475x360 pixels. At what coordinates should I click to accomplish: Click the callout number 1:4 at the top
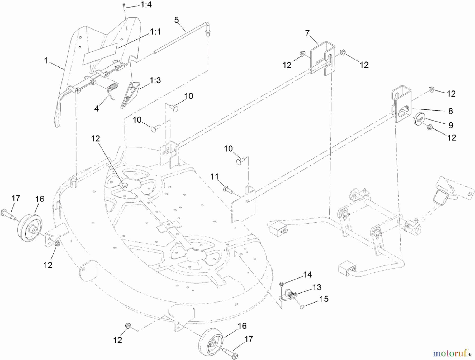(146, 5)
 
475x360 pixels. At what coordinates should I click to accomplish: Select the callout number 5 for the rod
(177, 20)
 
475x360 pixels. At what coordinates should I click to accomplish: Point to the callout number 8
(450, 111)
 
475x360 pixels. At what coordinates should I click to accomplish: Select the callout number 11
(215, 176)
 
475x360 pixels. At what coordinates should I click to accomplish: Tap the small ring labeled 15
(302, 307)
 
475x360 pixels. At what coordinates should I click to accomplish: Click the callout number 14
(307, 275)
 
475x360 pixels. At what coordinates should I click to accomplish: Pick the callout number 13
(317, 287)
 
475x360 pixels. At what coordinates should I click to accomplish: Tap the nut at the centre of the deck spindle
(125, 184)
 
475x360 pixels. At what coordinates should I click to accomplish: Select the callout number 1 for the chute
(46, 61)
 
